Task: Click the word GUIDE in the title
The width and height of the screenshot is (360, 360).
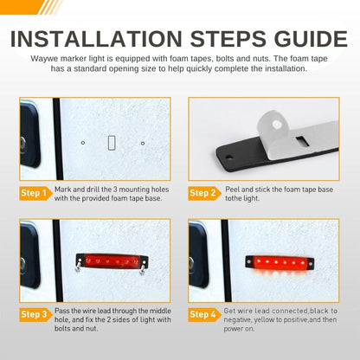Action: tap(311, 39)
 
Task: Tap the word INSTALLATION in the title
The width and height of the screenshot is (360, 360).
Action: tap(96, 39)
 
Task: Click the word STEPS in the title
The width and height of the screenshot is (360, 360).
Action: tap(228, 39)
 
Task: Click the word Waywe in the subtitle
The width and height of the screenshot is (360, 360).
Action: tap(44, 59)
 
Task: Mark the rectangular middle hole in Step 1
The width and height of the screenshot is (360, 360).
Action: tap(112, 143)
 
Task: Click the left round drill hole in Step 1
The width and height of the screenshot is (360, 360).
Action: tap(83, 143)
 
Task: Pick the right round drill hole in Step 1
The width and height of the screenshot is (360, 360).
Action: tap(143, 143)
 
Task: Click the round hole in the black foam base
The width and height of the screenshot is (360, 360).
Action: tap(228, 157)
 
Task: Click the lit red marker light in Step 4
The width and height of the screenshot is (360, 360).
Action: tap(280, 263)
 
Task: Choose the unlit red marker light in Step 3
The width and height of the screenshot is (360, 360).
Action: tap(112, 260)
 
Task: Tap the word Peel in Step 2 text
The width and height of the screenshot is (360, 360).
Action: tap(232, 190)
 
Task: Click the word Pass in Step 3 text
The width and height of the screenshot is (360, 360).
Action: tap(62, 311)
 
